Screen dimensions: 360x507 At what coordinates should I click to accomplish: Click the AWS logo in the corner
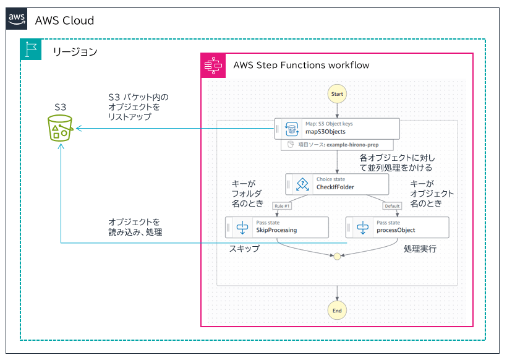[17, 19]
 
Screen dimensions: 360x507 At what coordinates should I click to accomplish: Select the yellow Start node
[337, 94]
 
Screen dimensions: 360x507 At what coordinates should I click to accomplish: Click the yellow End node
[337, 310]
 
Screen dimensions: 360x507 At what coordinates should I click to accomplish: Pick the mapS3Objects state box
[338, 128]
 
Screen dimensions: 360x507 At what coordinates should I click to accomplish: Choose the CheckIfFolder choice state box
[337, 184]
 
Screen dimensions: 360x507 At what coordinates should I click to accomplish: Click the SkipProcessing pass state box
[276, 227]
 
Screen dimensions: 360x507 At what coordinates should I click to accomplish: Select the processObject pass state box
[397, 227]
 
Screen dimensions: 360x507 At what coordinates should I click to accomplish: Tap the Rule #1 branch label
[283, 206]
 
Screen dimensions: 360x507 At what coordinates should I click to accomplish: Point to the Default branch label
[392, 206]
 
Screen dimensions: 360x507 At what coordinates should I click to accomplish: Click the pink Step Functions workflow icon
[213, 65]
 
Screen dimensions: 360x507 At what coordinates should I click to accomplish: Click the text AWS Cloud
[65, 20]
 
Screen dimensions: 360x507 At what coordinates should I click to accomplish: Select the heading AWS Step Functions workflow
[301, 65]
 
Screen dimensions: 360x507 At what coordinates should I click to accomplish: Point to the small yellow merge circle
[337, 255]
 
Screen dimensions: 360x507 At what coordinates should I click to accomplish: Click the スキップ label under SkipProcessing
[244, 249]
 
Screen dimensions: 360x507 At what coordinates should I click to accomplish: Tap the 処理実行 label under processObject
[420, 249]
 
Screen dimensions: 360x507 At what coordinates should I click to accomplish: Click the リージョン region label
[74, 51]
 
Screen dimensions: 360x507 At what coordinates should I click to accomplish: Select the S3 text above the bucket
[60, 107]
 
